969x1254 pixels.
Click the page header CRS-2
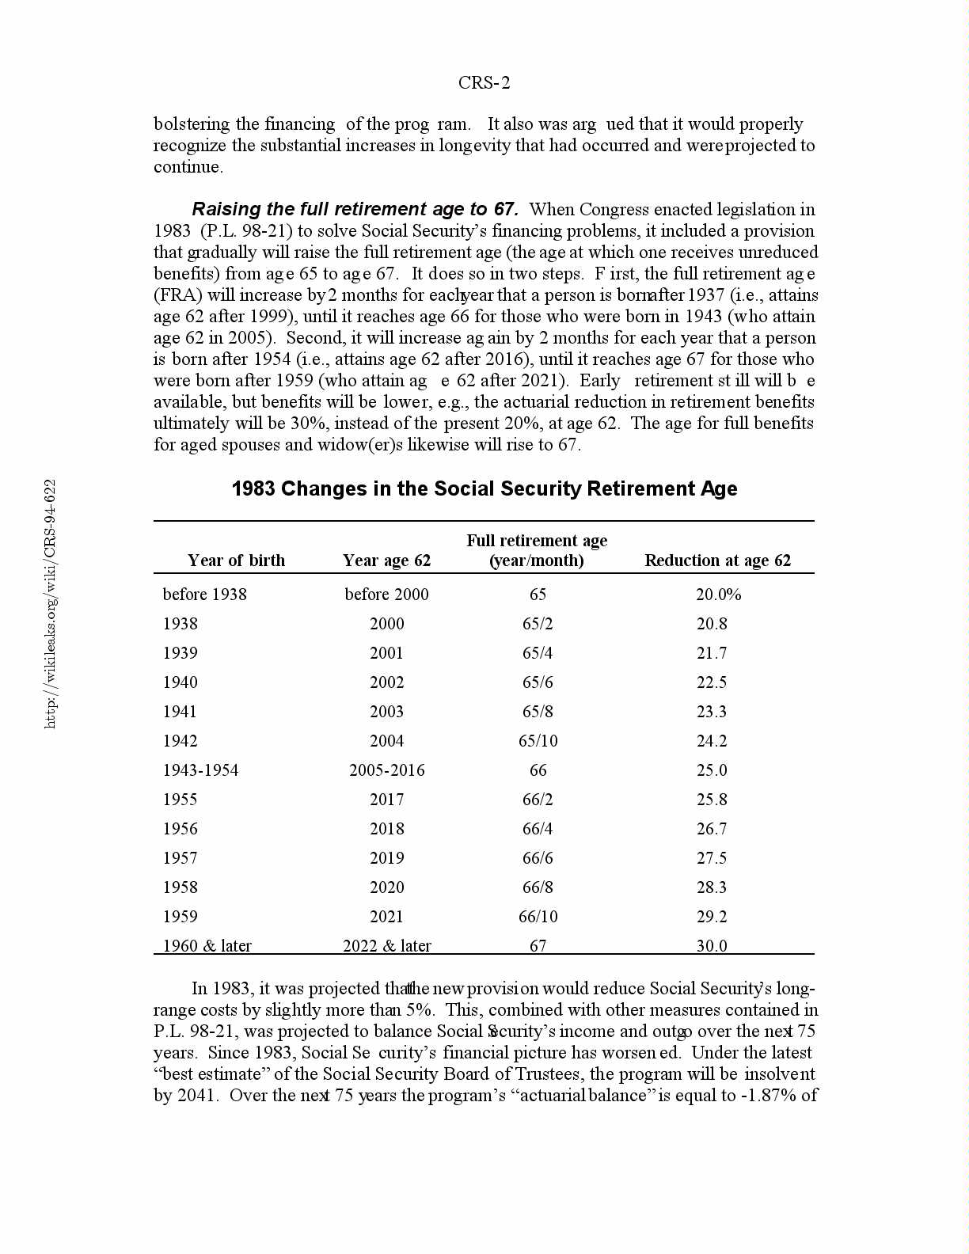click(x=484, y=83)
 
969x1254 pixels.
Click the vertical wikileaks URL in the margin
click(x=50, y=603)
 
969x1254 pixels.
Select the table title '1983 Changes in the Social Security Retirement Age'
click(x=484, y=488)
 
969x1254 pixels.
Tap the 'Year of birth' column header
click(x=236, y=560)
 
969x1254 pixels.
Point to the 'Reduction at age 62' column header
click(x=717, y=560)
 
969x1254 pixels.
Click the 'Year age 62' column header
click(x=386, y=560)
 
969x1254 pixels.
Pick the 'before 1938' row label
click(x=204, y=595)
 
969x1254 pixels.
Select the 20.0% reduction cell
click(x=718, y=595)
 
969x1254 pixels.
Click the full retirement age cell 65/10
click(x=538, y=741)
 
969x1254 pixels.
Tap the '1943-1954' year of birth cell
click(x=200, y=770)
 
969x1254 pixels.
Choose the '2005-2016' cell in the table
click(x=386, y=770)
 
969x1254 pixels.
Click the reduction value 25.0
click(x=711, y=770)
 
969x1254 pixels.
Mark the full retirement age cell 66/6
click(x=538, y=858)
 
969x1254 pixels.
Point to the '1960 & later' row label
click(x=207, y=945)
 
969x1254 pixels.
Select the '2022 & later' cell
click(x=386, y=945)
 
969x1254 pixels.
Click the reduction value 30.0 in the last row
click(x=711, y=945)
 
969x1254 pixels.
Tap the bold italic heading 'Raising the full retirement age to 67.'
click(x=355, y=210)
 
